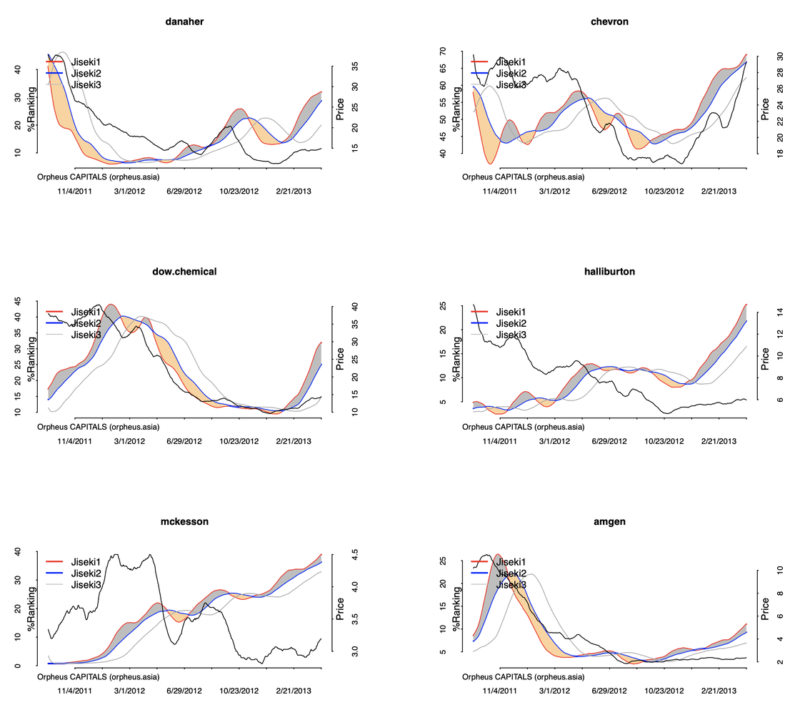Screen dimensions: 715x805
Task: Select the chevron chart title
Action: point(609,21)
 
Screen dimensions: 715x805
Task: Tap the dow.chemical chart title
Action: point(184,272)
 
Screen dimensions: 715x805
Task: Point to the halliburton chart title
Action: point(609,272)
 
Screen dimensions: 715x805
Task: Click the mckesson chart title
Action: point(184,522)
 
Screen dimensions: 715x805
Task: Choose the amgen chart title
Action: point(609,522)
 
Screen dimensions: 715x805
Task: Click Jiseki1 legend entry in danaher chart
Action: point(86,62)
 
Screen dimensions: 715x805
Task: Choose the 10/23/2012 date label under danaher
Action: point(239,192)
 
